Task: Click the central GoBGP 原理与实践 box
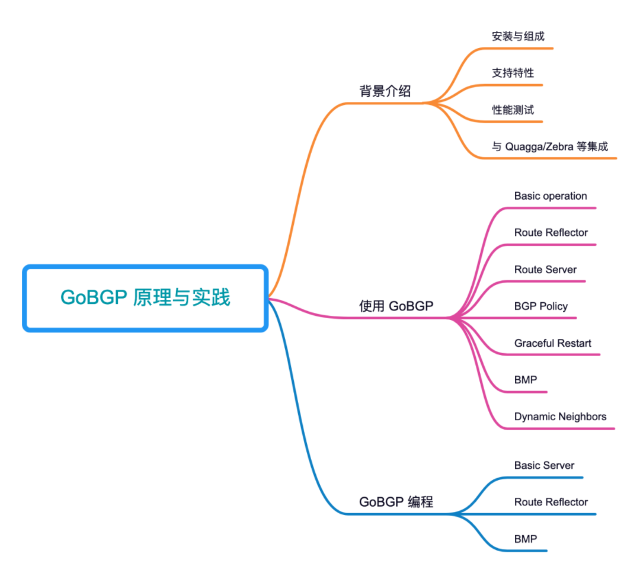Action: [x=145, y=298]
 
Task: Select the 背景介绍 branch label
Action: [x=385, y=91]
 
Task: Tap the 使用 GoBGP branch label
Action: [x=396, y=306]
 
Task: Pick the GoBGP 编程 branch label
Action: [x=396, y=502]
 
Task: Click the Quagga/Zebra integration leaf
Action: [x=549, y=146]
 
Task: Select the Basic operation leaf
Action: [x=550, y=196]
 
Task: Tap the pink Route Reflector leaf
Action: [x=551, y=233]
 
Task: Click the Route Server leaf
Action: [x=545, y=270]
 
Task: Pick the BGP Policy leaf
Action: [x=540, y=306]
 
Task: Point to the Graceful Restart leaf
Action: [x=552, y=343]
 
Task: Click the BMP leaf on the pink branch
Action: [x=526, y=380]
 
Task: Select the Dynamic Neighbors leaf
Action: [x=560, y=417]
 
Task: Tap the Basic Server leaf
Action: [x=544, y=466]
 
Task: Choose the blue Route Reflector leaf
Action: [x=551, y=503]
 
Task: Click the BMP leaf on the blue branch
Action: [x=526, y=539]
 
